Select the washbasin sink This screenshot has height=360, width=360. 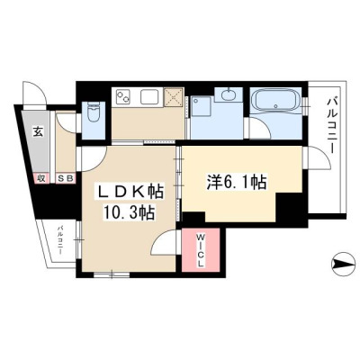pos(229,94)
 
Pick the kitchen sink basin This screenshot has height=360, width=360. pos(150,96)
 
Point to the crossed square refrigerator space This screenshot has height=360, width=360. pos(174,97)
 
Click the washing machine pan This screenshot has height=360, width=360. pos(202,106)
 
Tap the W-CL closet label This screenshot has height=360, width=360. pos(201,251)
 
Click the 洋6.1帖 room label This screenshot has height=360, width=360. pos(237,182)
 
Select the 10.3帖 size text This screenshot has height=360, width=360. pos(129,212)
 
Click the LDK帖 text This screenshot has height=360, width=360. pos(130,192)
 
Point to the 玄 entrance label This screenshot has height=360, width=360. pos(38,132)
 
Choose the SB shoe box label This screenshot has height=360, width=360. pos(66,178)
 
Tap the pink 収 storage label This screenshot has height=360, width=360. pos(41,178)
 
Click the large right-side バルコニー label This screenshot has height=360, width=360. pos(331,125)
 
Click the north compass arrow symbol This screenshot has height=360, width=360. pos(343,265)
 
